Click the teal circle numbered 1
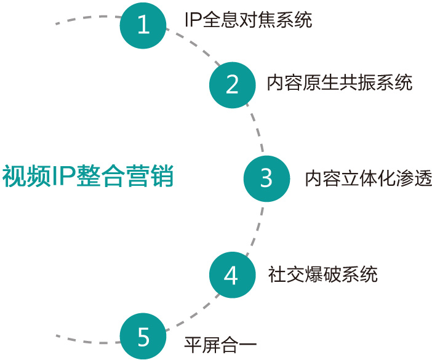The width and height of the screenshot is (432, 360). (x=143, y=25)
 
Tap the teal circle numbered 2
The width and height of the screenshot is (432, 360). (x=232, y=84)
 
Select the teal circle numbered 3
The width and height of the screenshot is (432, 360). (x=266, y=178)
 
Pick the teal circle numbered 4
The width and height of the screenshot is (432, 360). (x=231, y=275)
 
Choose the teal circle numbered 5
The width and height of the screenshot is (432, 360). (x=143, y=337)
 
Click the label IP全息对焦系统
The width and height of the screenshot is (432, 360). (x=248, y=20)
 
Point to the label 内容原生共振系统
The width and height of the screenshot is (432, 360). (x=339, y=82)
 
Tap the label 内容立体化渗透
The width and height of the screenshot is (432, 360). (x=368, y=178)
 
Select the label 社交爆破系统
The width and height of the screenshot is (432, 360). (x=322, y=274)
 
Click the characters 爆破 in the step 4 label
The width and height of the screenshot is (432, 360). (x=322, y=274)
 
